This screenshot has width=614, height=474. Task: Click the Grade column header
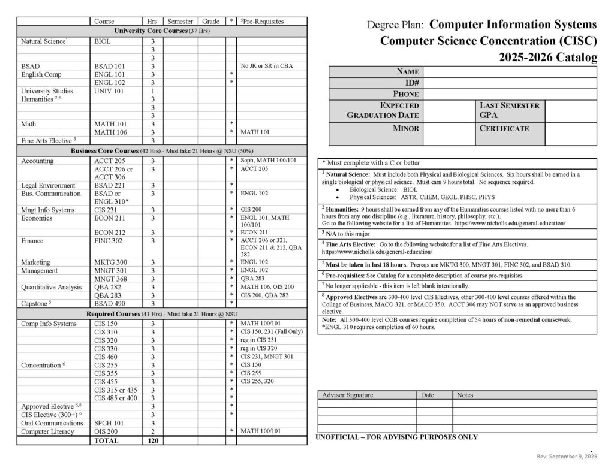(211, 22)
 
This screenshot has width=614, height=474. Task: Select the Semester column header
(180, 22)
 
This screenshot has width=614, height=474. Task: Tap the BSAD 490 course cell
(109, 304)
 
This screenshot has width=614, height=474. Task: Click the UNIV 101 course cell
(109, 91)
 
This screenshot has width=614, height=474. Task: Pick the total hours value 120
(153, 440)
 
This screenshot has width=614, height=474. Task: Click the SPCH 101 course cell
(109, 423)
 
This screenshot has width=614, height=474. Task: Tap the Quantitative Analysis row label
(51, 287)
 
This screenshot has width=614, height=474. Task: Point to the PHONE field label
(405, 94)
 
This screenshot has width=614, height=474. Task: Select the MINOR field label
(406, 128)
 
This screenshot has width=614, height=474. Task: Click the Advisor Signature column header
(348, 395)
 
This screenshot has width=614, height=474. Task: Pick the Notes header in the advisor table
(465, 395)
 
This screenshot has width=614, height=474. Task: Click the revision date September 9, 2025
(567, 457)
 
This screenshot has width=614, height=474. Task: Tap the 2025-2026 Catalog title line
(547, 58)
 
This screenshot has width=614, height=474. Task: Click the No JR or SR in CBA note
(270, 66)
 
